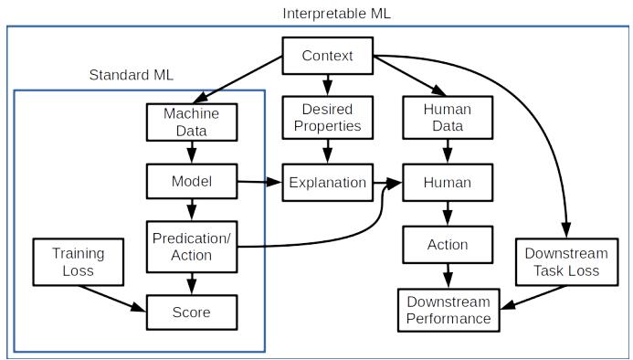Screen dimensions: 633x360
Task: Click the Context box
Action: pyautogui.click(x=327, y=56)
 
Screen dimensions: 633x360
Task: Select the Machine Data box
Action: pyautogui.click(x=192, y=122)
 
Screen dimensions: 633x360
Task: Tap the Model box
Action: pyautogui.click(x=192, y=182)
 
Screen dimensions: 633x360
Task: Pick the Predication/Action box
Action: pyautogui.click(x=192, y=247)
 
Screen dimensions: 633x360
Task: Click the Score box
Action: pyautogui.click(x=192, y=312)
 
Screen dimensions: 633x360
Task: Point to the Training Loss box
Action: pyautogui.click(x=79, y=262)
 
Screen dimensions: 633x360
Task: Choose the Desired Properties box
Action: pyautogui.click(x=327, y=118)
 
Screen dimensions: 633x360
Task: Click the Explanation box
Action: pyautogui.click(x=327, y=183)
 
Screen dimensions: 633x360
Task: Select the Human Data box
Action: pyautogui.click(x=448, y=118)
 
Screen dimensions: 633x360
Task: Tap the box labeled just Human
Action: pyautogui.click(x=448, y=183)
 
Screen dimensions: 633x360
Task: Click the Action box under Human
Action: pyautogui.click(x=448, y=245)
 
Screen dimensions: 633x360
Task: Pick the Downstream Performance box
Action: pyautogui.click(x=448, y=311)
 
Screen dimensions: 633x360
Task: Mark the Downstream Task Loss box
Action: pyautogui.click(x=567, y=262)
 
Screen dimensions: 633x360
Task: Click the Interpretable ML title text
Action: pyautogui.click(x=337, y=14)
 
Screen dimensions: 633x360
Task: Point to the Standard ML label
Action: pyautogui.click(x=132, y=75)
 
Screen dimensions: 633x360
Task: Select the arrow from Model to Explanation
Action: pyautogui.click(x=259, y=182)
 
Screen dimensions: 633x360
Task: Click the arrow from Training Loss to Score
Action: pyautogui.click(x=112, y=299)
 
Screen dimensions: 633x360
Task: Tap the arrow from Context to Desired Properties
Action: pyautogui.click(x=327, y=85)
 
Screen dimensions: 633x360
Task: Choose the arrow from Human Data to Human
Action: pyautogui.click(x=448, y=152)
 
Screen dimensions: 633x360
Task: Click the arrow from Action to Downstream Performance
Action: pyautogui.click(x=448, y=276)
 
